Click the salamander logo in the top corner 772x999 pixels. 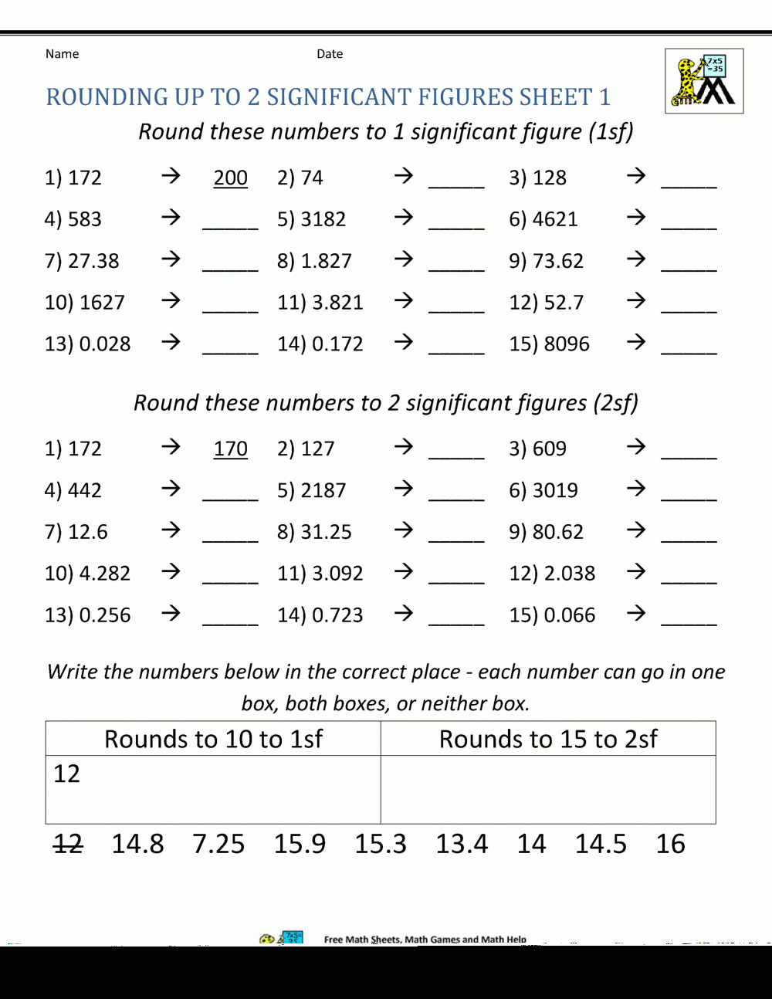[703, 81]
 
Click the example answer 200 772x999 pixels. [230, 178]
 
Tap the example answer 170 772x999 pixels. [230, 449]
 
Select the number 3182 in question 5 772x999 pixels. [323, 219]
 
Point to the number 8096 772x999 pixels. [567, 344]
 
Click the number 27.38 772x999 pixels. [93, 261]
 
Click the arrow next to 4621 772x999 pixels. [635, 218]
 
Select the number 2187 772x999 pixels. [323, 490]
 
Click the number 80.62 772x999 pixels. [557, 532]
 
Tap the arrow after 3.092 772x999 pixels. [403, 572]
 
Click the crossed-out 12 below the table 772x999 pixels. [68, 844]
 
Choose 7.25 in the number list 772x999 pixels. [218, 844]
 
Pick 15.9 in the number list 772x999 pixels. [300, 844]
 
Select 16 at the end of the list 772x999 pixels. [670, 844]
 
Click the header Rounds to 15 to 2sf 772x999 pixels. [548, 739]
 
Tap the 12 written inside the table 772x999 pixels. [66, 774]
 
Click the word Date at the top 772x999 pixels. [330, 54]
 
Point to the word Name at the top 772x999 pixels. [62, 54]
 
